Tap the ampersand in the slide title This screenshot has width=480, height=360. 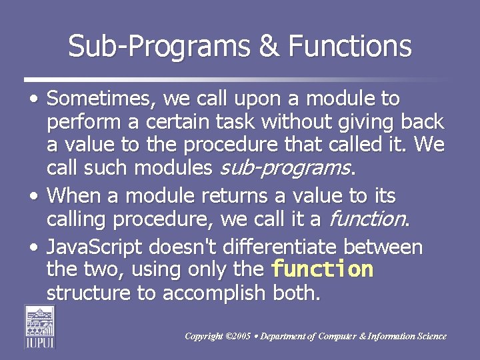[267, 46]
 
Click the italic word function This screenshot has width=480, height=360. [367, 219]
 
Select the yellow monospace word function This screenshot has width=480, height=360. [323, 269]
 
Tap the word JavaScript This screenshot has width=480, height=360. [95, 247]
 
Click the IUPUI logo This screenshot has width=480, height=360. [40, 326]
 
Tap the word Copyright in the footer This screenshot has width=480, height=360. [205, 337]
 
